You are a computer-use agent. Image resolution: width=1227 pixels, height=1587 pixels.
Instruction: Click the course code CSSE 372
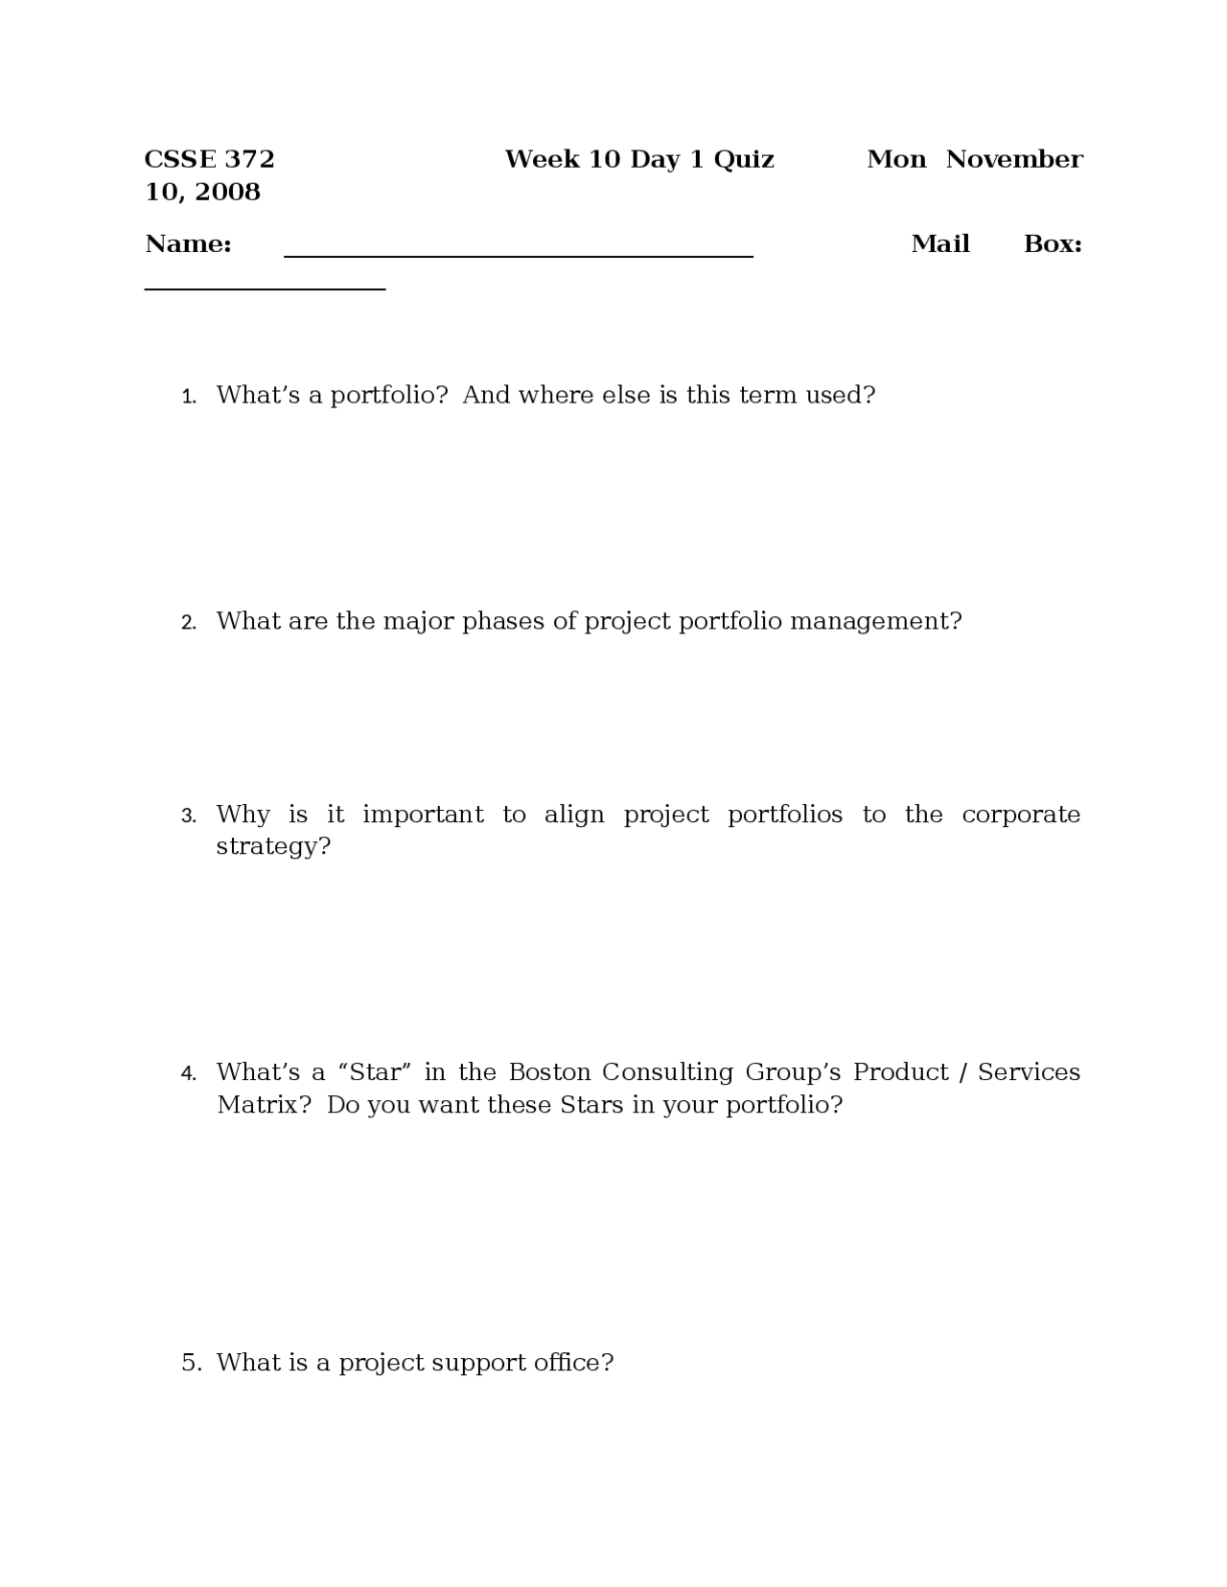pos(209,159)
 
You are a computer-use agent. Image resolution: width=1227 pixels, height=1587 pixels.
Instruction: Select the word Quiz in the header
pos(744,160)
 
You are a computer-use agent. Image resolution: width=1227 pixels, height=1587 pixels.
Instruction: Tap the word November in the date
pos(1014,159)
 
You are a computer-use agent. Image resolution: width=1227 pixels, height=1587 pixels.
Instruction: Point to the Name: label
pos(188,244)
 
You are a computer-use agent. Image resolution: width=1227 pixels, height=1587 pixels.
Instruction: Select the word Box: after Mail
pos(1053,244)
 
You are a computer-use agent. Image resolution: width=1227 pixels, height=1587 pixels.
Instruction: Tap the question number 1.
pos(189,397)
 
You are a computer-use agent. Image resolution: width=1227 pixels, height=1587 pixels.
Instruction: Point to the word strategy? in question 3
pos(272,847)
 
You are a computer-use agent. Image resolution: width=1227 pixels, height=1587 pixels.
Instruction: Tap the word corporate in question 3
pos(1020,815)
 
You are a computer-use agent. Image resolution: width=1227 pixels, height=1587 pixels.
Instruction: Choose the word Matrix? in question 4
pos(264,1105)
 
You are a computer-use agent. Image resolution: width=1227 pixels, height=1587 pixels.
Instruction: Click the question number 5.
pos(191,1363)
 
